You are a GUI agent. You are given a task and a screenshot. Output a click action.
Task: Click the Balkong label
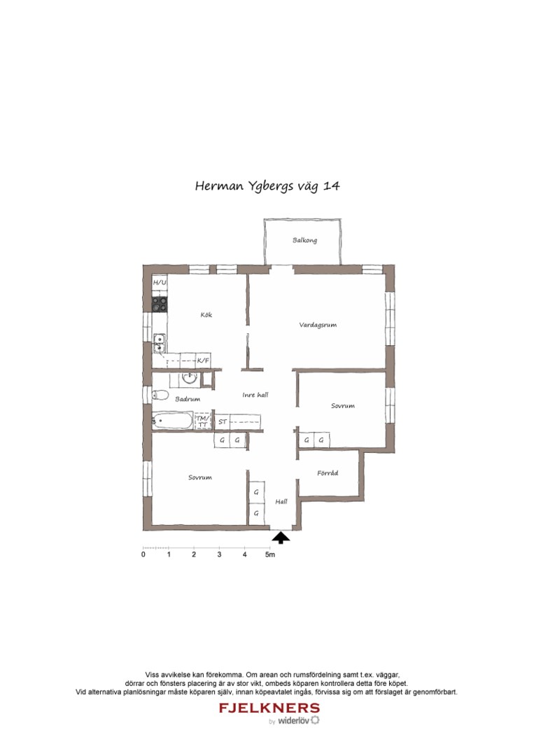[x=304, y=241]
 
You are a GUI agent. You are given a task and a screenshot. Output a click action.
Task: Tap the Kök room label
[x=206, y=315]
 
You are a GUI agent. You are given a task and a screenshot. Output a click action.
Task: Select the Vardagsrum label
[x=318, y=325]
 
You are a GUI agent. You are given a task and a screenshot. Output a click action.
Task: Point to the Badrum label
[x=188, y=399]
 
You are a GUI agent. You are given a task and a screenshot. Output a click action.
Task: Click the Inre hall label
[x=255, y=395]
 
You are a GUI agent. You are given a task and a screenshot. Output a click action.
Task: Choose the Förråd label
[x=328, y=473]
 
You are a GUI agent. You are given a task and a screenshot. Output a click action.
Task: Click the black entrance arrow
[x=281, y=538]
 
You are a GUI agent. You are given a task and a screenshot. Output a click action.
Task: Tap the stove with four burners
[x=160, y=304]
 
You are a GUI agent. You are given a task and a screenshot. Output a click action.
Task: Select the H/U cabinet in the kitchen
[x=160, y=283]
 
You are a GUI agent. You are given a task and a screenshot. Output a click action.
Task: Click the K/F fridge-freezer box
[x=203, y=360]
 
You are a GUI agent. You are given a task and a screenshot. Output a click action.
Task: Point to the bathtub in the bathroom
[x=173, y=421]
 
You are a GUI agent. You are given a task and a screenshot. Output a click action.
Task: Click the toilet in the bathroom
[x=160, y=394]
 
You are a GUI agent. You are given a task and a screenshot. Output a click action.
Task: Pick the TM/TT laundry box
[x=202, y=421]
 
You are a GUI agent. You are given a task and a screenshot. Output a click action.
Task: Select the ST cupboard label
[x=223, y=422]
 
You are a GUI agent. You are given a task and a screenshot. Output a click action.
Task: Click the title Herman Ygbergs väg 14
[x=267, y=186]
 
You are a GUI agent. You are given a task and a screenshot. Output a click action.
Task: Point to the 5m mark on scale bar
[x=269, y=555]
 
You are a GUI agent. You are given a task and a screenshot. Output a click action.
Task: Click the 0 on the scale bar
[x=143, y=555]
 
